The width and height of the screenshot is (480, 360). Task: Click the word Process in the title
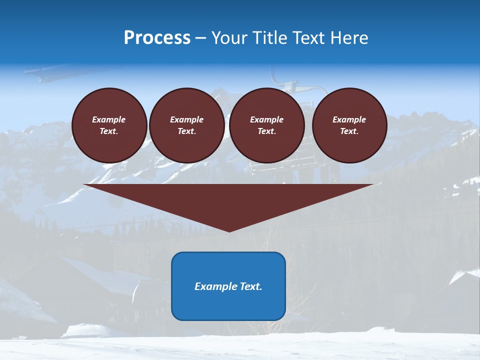[x=157, y=38]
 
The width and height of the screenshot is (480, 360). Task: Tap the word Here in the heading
[x=349, y=38]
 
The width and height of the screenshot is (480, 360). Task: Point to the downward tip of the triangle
[x=229, y=230]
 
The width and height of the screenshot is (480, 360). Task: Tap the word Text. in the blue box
[x=251, y=286]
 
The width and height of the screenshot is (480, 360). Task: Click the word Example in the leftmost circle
[x=109, y=119]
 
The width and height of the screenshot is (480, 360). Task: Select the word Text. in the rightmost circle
[x=349, y=131]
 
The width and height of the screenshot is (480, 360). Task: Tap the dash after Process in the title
[x=200, y=38]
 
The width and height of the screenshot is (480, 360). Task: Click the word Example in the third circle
[x=266, y=119]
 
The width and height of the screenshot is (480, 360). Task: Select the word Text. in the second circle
[x=186, y=131]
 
